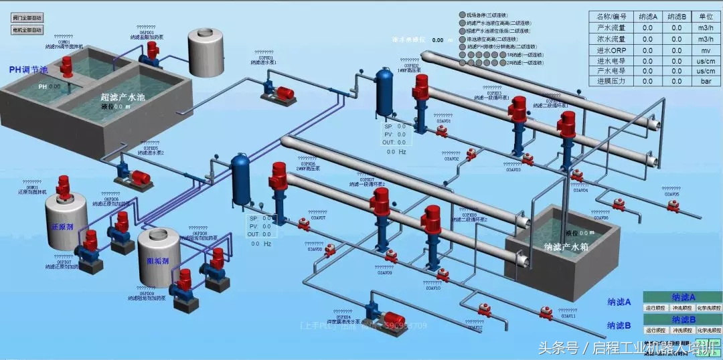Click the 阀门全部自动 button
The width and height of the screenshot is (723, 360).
pos(27,18)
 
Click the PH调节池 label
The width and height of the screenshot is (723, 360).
pos(28,70)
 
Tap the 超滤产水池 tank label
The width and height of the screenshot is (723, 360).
pos(123,97)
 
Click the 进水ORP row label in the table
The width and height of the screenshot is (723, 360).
pos(611,49)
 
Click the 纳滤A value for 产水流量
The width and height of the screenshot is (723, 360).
pos(647,27)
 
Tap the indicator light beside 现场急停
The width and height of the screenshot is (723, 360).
pos(462,15)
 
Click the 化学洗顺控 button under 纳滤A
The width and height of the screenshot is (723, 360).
pos(706,308)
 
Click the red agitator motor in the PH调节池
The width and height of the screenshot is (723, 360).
pos(66,65)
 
